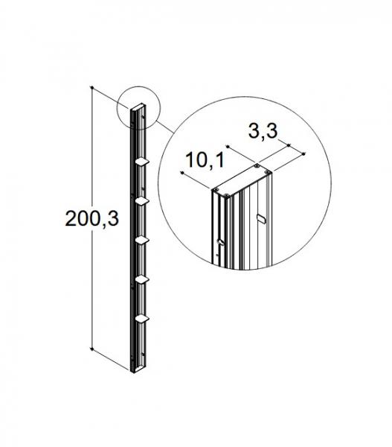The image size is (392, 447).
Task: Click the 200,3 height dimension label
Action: pyautogui.click(x=93, y=218)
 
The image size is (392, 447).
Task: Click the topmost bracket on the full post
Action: pyautogui.click(x=141, y=161)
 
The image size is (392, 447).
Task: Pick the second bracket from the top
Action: pyautogui.click(x=142, y=200)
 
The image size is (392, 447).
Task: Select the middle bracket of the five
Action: pyautogui.click(x=142, y=239)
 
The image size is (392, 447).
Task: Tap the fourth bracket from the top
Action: pyautogui.click(x=142, y=279)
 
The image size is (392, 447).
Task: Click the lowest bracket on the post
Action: pyautogui.click(x=142, y=318)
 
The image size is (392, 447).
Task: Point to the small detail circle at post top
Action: pyautogui.click(x=138, y=110)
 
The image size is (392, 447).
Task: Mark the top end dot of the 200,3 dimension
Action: pyautogui.click(x=91, y=88)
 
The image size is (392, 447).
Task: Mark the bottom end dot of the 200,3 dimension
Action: pyautogui.click(x=91, y=348)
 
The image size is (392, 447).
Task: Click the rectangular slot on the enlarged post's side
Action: pyautogui.click(x=259, y=219)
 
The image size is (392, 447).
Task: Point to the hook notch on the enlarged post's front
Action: pyautogui.click(x=220, y=242)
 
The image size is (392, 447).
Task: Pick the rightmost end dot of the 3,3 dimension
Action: pyautogui.click(x=306, y=154)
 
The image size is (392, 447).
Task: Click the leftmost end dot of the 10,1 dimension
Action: pyautogui.click(x=181, y=172)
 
